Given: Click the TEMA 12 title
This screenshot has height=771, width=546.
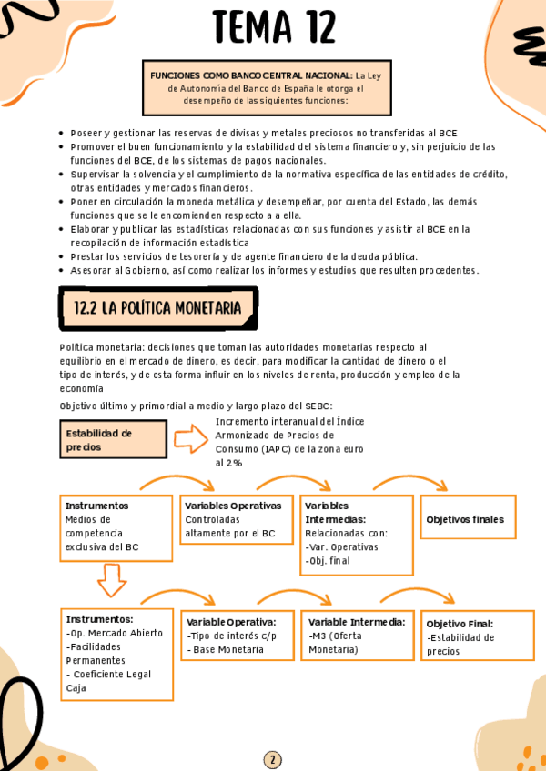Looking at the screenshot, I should pos(273,26).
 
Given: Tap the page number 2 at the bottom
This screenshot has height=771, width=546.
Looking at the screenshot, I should pos(272,759).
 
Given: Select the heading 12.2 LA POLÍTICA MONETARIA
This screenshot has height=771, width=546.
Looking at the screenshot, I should pos(157,308).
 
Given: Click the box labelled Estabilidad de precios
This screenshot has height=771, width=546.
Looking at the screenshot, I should pos(113,439).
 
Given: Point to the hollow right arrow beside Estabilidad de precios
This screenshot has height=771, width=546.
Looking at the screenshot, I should pos(190,440).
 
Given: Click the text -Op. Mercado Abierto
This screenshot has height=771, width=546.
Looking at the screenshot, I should pos(116,633).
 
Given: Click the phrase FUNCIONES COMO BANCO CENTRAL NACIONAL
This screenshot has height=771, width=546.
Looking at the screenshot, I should pos(251,75).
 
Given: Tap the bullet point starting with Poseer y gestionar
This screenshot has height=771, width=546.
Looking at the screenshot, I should pos(263,133).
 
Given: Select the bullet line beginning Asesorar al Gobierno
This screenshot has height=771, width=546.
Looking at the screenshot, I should pos(274,270).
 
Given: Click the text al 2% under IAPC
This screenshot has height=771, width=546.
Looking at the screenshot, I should pos(228,463).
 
